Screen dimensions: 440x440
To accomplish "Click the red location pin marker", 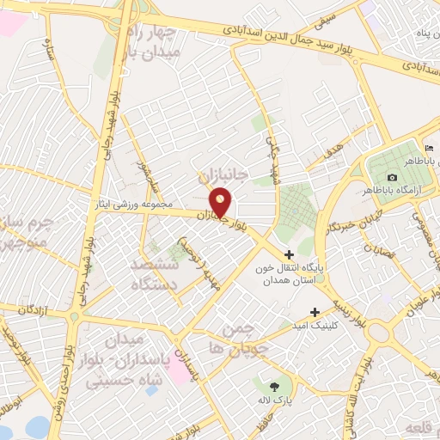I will [221, 202].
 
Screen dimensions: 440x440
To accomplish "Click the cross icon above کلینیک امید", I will [315, 312].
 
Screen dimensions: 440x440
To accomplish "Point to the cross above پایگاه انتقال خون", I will [289, 254].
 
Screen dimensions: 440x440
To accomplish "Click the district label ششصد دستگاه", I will [155, 272].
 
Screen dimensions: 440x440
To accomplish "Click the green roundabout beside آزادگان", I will [74, 315].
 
